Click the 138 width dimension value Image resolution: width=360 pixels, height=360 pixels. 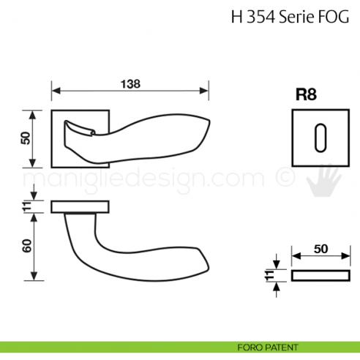[130, 83]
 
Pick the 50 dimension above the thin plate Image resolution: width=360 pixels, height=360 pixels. [320, 249]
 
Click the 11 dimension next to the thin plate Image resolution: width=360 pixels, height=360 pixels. [270, 275]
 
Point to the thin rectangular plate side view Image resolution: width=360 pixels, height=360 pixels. [320, 275]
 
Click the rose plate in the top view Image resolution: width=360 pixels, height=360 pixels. [80, 206]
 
